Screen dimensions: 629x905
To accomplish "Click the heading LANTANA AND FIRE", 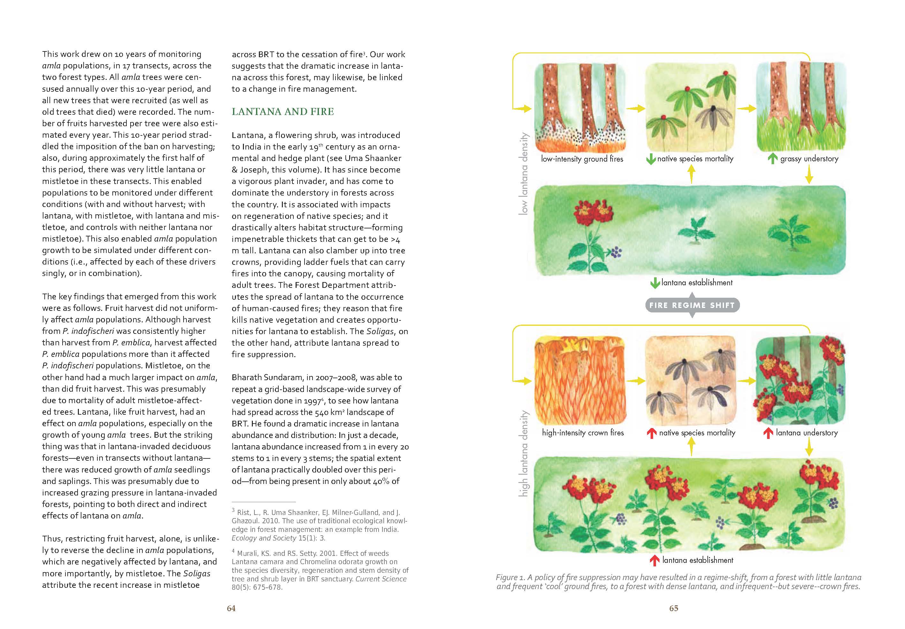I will (x=283, y=112).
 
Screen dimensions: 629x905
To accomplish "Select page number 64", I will (x=231, y=608).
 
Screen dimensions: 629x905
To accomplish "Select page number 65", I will (x=674, y=608).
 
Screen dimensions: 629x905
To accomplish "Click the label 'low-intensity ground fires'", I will (x=582, y=159).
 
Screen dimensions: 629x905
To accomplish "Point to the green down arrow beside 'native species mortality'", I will (x=651, y=159).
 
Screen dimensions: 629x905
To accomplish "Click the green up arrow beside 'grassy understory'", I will (x=773, y=158).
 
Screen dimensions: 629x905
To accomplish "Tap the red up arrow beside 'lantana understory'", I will (x=768, y=433).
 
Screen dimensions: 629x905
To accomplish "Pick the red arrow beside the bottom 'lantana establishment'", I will (x=654, y=560).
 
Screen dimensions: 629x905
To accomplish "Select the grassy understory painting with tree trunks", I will (x=801, y=106).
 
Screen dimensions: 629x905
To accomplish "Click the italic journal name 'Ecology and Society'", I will (x=263, y=538).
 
